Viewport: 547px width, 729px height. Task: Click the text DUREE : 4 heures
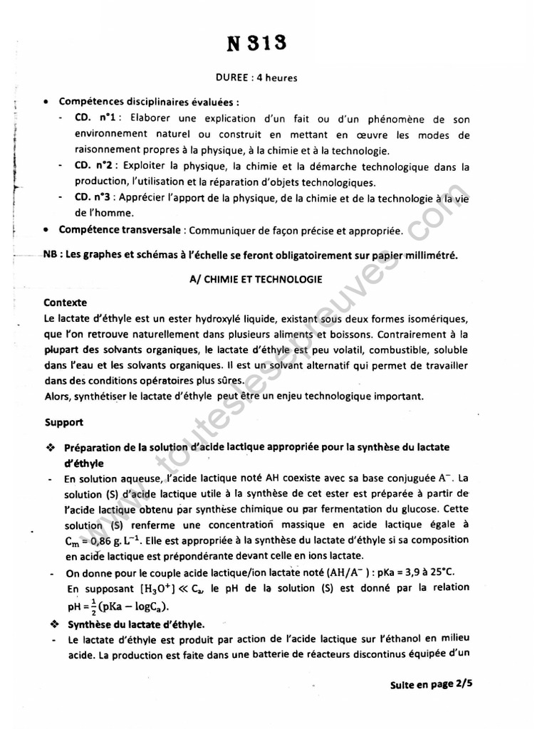256,78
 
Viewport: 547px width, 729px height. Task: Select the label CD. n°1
98,118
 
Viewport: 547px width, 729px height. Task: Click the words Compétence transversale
118,230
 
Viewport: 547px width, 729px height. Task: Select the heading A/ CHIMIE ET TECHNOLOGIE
256,280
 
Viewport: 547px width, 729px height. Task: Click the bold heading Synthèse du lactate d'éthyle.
127,624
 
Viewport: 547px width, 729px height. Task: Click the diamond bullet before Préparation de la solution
50,447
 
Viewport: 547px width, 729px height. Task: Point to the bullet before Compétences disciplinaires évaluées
46,102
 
